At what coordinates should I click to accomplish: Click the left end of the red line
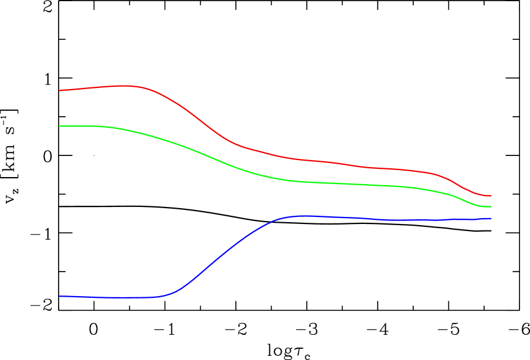[x=60, y=90]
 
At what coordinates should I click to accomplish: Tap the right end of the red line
[x=491, y=195]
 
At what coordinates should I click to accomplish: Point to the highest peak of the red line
[x=125, y=86]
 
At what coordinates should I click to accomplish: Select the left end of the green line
[x=60, y=126]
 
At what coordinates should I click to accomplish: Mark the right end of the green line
[x=491, y=207]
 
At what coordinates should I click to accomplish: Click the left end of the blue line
[x=60, y=296]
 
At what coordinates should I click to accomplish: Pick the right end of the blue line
[x=491, y=218]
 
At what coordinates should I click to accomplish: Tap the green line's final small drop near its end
[x=463, y=199]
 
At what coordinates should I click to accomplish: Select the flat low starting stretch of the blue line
[x=111, y=297]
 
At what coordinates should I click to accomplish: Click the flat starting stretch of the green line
[x=82, y=126]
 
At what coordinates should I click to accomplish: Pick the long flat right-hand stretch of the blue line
[x=410, y=220]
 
